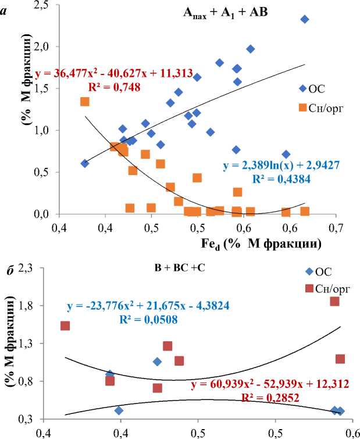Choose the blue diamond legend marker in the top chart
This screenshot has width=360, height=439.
pyautogui.click(x=302, y=88)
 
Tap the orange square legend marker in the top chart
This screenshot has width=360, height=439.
pyautogui.click(x=302, y=107)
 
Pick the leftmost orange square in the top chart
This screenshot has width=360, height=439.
pyautogui.click(x=85, y=102)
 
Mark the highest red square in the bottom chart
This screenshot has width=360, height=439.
pyautogui.click(x=334, y=301)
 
